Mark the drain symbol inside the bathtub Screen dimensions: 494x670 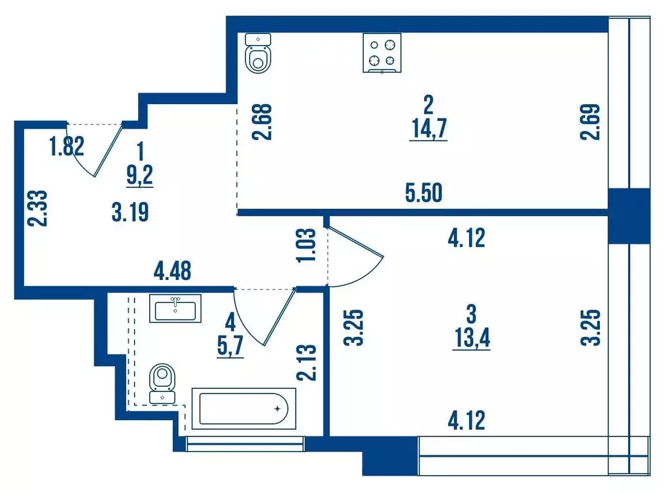(277, 409)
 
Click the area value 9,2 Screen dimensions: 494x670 (140, 175)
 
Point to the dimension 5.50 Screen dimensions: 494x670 (424, 193)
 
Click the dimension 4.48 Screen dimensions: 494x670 (172, 270)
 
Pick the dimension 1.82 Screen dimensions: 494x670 (67, 147)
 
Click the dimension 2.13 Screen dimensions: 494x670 (306, 363)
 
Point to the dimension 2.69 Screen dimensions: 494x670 (590, 122)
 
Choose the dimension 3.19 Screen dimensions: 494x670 (130, 213)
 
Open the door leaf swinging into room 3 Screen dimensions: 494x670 (357, 242)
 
